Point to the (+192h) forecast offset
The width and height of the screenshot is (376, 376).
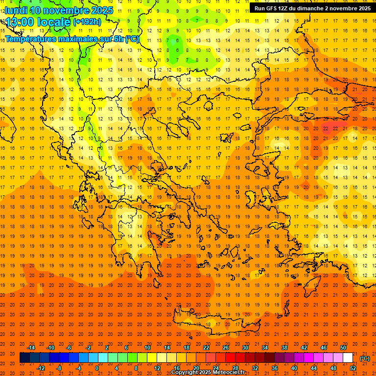[x=87, y=22]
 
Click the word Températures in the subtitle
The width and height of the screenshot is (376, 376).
[x=32, y=39]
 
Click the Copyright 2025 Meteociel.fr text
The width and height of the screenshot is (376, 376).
[x=208, y=373]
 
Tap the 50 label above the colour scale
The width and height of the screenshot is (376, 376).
[x=343, y=348]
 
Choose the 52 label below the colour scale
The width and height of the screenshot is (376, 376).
[x=353, y=368]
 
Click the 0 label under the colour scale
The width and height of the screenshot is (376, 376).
[x=97, y=368]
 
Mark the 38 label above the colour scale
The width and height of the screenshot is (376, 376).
[x=284, y=348]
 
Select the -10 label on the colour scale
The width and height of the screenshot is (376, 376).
[x=50, y=348]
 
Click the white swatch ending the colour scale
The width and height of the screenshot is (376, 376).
[x=348, y=357]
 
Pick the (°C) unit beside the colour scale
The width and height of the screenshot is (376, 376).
[x=365, y=358]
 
